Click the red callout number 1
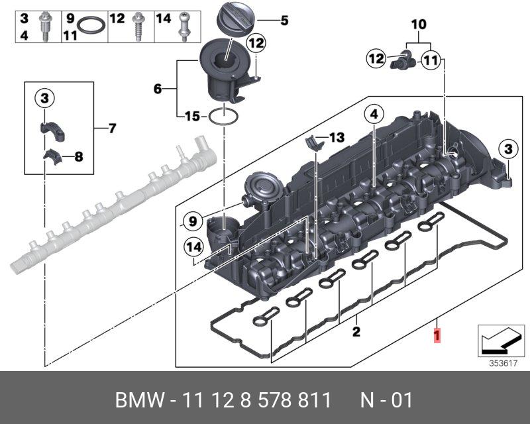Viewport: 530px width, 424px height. [437, 336]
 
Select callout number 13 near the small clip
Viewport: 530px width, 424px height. [337, 138]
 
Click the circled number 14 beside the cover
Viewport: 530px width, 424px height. [193, 248]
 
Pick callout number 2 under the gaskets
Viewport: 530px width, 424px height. [356, 331]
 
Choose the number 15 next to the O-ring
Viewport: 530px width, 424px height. [191, 117]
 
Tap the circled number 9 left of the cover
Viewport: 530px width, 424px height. [191, 220]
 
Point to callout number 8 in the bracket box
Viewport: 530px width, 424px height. [78, 158]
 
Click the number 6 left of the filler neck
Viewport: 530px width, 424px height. [158, 87]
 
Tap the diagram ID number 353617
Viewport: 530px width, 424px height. [500, 362]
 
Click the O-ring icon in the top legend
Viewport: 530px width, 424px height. [91, 27]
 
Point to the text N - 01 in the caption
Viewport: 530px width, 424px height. [386, 400]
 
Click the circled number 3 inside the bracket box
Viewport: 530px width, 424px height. [44, 99]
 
